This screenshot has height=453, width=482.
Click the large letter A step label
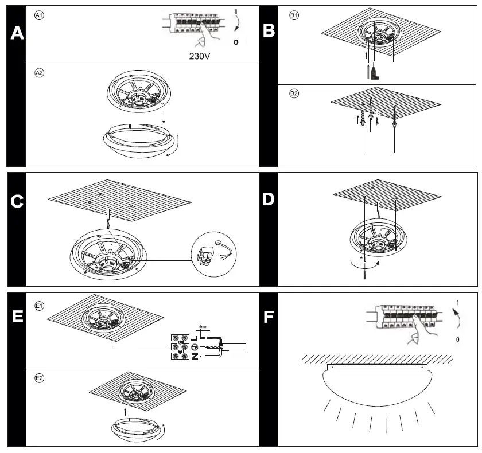(x=17, y=33)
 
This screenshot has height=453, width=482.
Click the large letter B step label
(x=268, y=30)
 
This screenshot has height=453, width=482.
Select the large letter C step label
(x=17, y=201)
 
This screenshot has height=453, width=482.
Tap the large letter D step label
(x=268, y=199)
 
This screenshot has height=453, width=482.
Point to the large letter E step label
(x=17, y=316)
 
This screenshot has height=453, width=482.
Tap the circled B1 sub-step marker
(x=294, y=15)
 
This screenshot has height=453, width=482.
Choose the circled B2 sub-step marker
(x=294, y=93)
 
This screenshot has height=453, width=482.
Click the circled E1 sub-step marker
(x=40, y=306)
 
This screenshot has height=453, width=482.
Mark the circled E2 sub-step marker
(x=40, y=378)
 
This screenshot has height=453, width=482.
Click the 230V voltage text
(x=199, y=57)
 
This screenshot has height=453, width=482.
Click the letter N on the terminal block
(x=195, y=357)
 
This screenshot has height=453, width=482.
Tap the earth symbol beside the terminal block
(x=195, y=347)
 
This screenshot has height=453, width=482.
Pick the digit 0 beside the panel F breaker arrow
(x=457, y=339)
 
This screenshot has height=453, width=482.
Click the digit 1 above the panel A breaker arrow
(x=236, y=11)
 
